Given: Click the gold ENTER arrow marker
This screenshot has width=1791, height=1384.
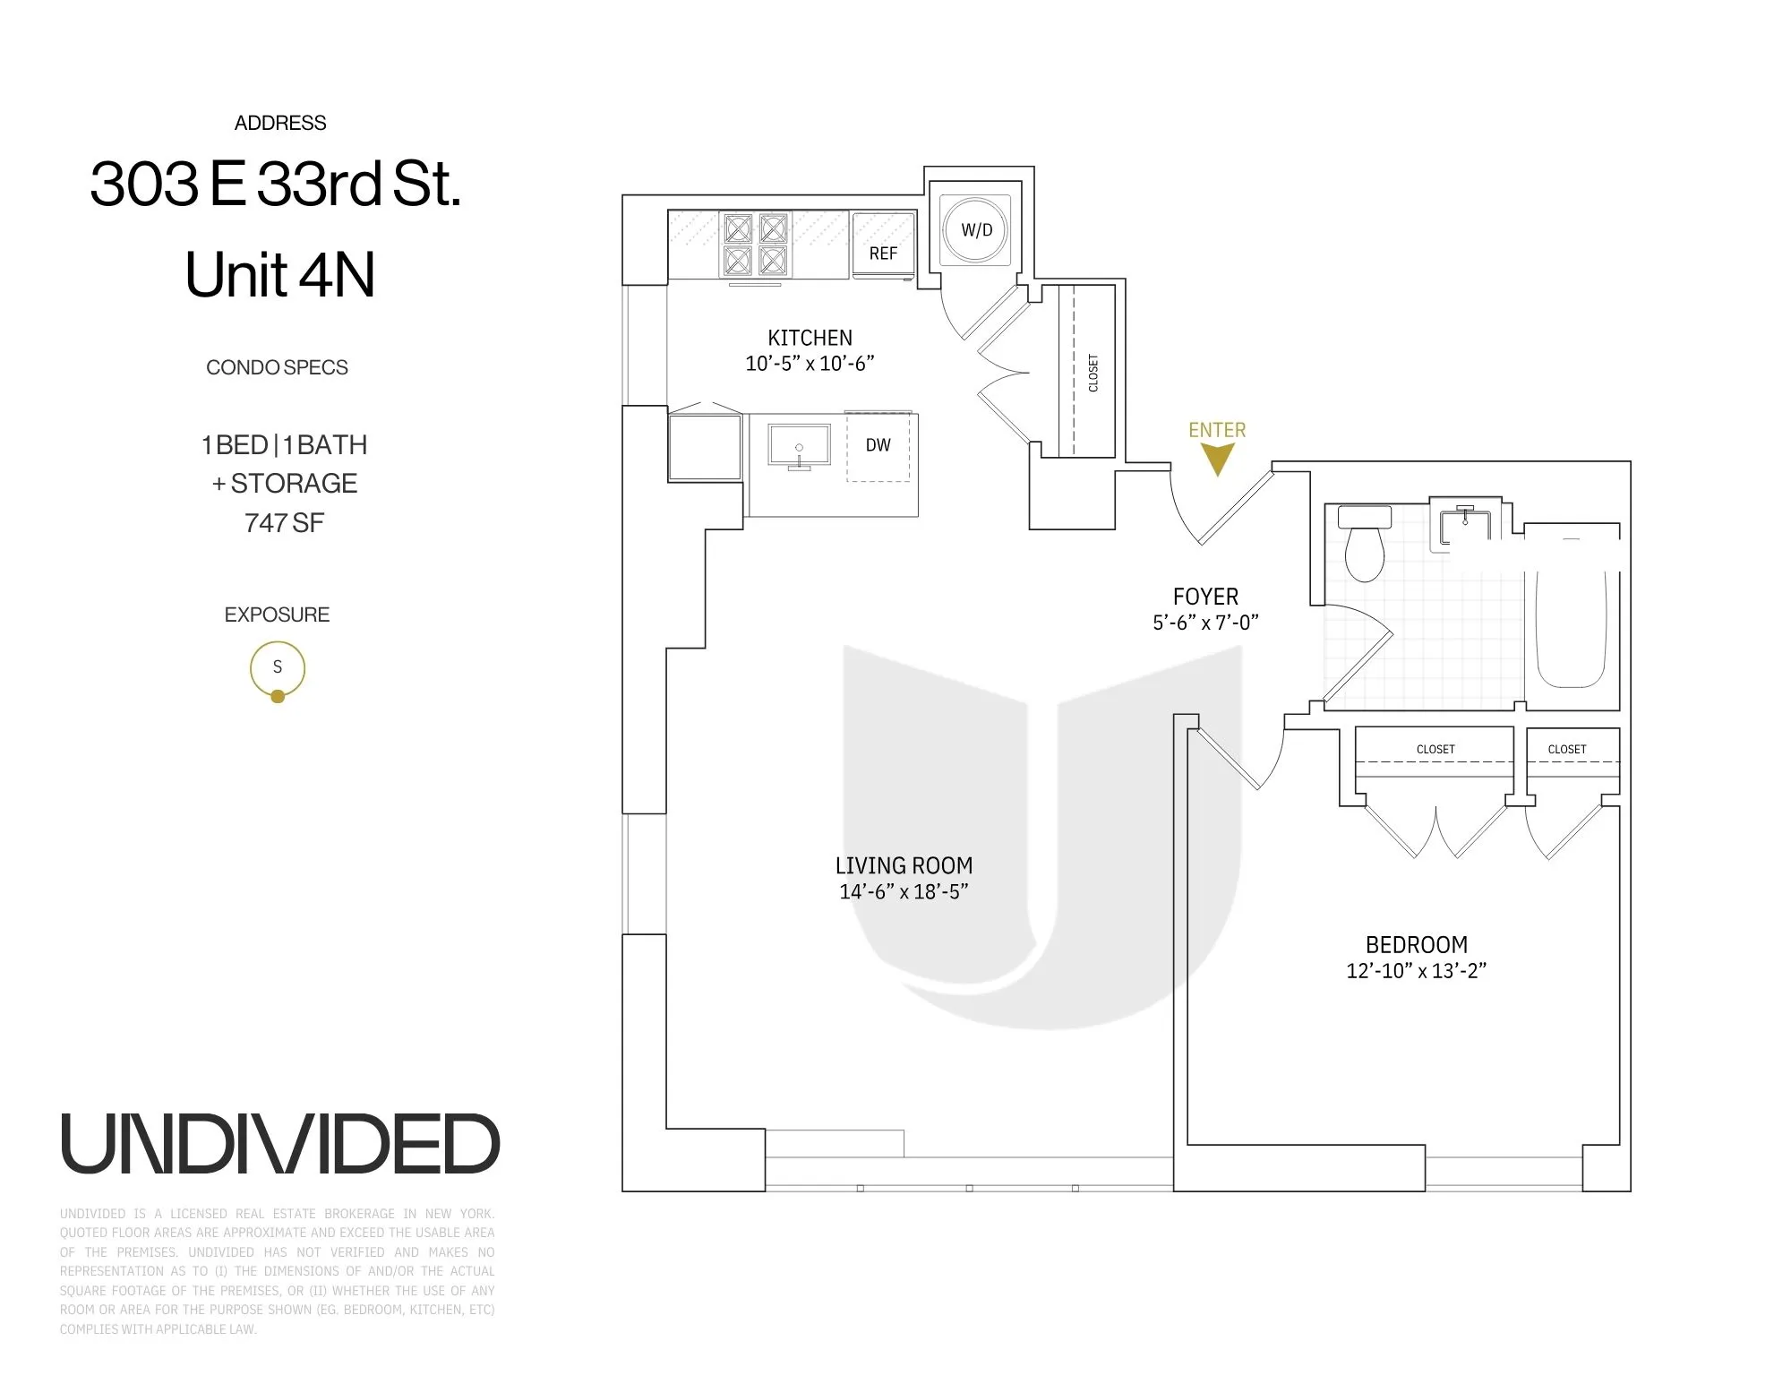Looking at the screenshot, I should pyautogui.click(x=1217, y=460).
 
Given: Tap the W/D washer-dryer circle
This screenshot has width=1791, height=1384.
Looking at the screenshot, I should pyautogui.click(x=976, y=230).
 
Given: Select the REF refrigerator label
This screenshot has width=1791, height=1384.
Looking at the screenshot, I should pyautogui.click(x=882, y=254).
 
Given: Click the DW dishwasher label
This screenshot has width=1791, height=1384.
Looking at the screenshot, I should pyautogui.click(x=878, y=445).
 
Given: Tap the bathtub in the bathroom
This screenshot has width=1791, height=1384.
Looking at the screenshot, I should pyautogui.click(x=1571, y=618).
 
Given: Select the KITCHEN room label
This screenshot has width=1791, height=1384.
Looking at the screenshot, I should pyautogui.click(x=810, y=338).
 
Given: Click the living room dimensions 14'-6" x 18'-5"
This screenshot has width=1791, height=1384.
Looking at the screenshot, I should pyautogui.click(x=904, y=891).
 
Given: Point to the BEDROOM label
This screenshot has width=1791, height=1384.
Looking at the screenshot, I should pyautogui.click(x=1416, y=945).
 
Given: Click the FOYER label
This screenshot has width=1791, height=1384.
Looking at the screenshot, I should pyautogui.click(x=1205, y=597).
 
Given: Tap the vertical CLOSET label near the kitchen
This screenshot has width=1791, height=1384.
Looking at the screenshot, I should pyautogui.click(x=1093, y=373).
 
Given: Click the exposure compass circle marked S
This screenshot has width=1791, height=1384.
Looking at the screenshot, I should pyautogui.click(x=278, y=668).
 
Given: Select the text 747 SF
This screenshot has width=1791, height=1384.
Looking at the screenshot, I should pyautogui.click(x=284, y=523).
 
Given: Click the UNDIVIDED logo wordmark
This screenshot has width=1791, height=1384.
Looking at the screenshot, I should pyautogui.click(x=279, y=1145).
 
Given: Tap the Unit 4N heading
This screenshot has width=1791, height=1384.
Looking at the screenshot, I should pyautogui.click(x=279, y=275).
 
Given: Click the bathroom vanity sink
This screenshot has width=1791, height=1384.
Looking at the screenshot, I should pyautogui.click(x=1465, y=526).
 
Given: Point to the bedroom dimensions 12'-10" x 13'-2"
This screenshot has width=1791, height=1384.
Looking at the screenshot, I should pyautogui.click(x=1416, y=971).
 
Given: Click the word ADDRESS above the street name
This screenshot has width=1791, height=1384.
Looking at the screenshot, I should pyautogui.click(x=280, y=124).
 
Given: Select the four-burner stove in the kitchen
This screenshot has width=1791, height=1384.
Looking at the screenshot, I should pyautogui.click(x=755, y=245).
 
